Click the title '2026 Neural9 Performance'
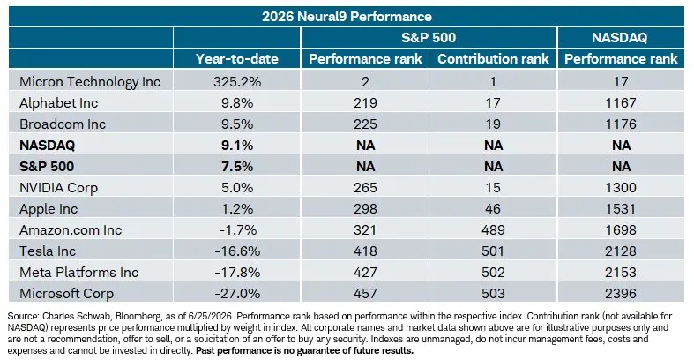click(x=347, y=17)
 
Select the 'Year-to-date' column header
click(x=237, y=59)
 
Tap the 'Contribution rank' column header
click(x=493, y=59)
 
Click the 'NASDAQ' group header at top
click(x=620, y=38)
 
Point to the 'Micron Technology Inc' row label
click(x=90, y=82)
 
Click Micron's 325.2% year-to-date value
click(x=237, y=82)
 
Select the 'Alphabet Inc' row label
click(x=58, y=103)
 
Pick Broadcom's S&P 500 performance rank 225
click(x=365, y=124)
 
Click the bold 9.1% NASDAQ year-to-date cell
click(x=237, y=146)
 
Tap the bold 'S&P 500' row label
click(x=47, y=167)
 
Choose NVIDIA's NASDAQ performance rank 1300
click(x=621, y=187)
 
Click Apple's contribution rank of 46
click(x=493, y=208)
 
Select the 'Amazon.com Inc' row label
click(x=71, y=229)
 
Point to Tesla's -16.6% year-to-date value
click(x=237, y=251)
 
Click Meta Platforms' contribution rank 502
click(x=493, y=272)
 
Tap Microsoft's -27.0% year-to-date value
click(x=237, y=293)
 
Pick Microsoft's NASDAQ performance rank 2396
click(x=621, y=293)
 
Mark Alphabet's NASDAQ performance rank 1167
click(x=621, y=103)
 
